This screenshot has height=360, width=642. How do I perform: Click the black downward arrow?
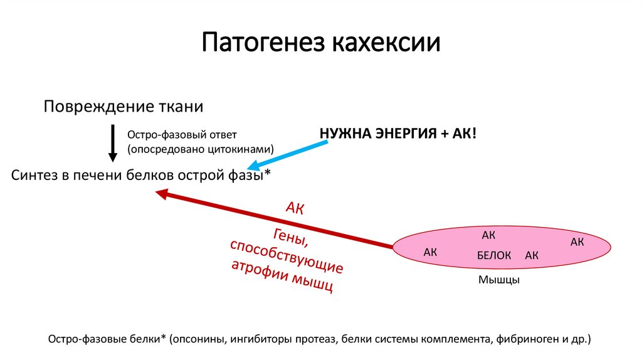[x=113, y=143]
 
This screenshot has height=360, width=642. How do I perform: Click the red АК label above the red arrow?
[x=295, y=209]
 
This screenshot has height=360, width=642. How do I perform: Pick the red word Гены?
[x=290, y=238]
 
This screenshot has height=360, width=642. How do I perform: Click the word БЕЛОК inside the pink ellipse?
[x=494, y=255]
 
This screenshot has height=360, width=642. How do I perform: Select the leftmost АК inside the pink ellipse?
[x=430, y=252]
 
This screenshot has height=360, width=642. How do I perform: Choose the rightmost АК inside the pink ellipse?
[x=577, y=241]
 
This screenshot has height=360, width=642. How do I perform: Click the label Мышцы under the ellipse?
[x=498, y=280]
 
